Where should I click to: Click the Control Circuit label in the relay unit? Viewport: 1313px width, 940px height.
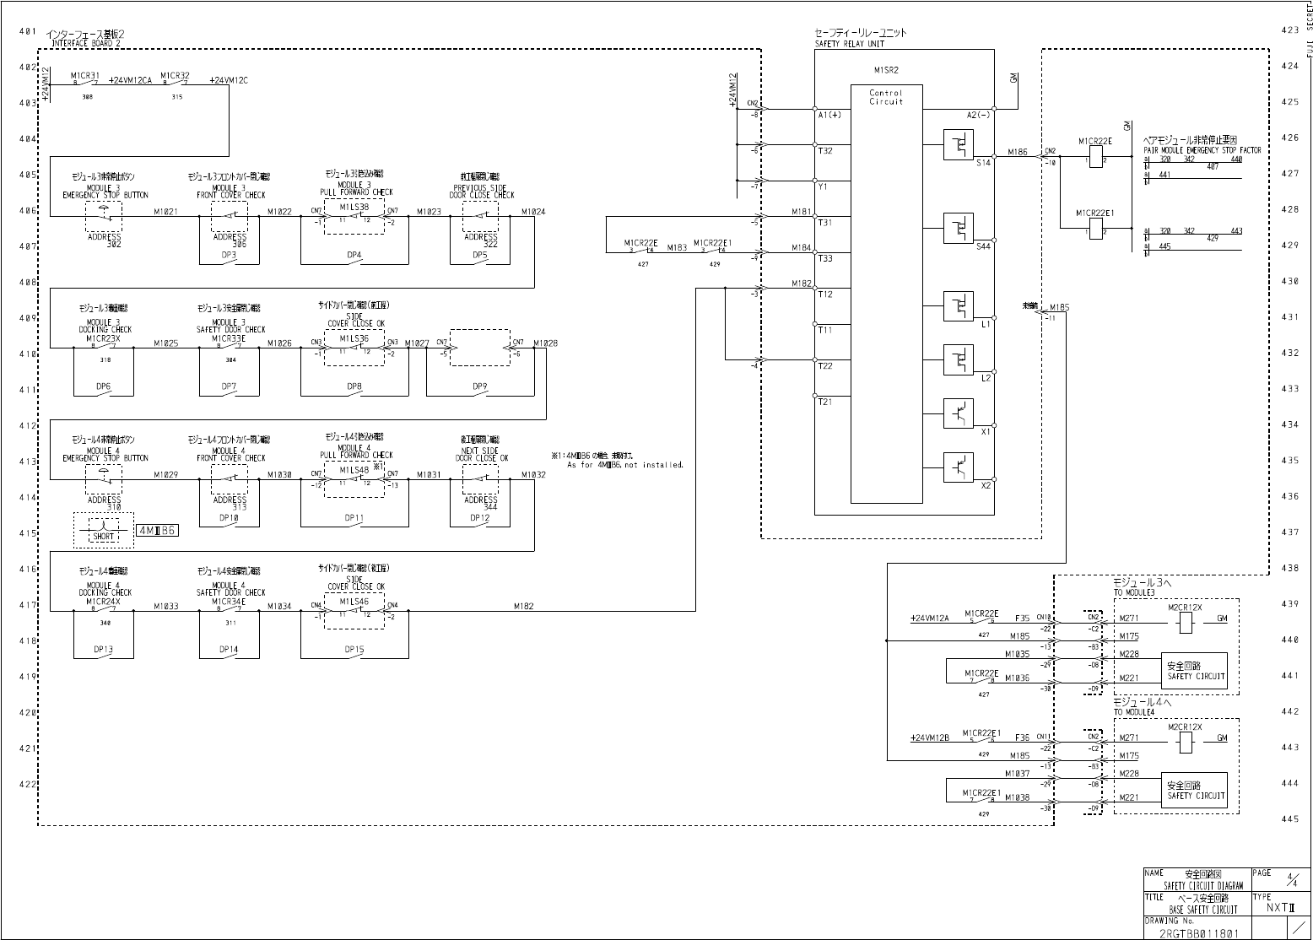coord(886,97)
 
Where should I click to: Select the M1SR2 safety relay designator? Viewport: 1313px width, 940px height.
coord(885,71)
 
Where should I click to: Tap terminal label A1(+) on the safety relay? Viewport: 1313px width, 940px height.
coord(829,116)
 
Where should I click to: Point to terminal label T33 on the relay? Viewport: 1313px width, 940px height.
coord(825,258)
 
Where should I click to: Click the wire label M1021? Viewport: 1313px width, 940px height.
coord(165,212)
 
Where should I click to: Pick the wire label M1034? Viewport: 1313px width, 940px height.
coord(279,606)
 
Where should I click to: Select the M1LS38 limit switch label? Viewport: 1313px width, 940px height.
coord(354,207)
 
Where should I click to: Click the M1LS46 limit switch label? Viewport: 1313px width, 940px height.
coord(354,602)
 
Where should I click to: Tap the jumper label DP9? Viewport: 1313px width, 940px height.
coord(479,386)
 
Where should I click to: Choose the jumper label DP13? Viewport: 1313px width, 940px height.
coord(103,650)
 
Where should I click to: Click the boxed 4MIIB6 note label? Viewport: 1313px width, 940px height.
coord(156,531)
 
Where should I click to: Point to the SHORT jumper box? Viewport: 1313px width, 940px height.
coord(103,532)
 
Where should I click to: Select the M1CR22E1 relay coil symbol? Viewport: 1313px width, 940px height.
coord(1095,230)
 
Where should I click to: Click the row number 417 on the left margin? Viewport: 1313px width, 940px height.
coord(27,605)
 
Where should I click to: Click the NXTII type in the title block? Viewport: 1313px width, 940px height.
coord(1280,908)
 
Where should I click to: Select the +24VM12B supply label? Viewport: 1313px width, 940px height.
coord(930,737)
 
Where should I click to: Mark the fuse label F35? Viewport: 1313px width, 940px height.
coord(1022,618)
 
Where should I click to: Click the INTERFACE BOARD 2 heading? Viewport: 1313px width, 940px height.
coord(86,42)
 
